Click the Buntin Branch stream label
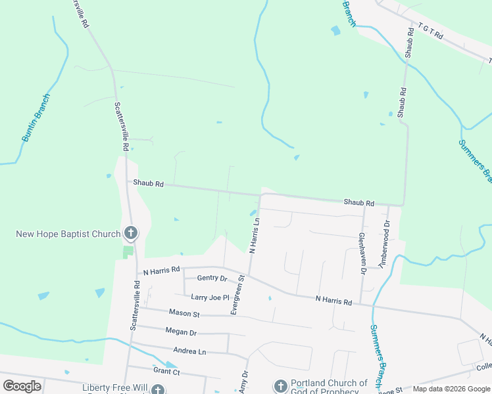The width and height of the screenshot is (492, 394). [x=36, y=118]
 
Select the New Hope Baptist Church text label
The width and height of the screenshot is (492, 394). [x=68, y=234]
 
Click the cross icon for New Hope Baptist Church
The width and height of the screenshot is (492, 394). [x=131, y=232]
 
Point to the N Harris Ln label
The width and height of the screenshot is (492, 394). [x=255, y=235]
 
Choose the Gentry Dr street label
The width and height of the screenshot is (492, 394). [x=211, y=278]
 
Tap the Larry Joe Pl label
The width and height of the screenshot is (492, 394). [x=209, y=297]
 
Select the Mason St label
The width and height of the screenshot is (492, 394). [x=184, y=313]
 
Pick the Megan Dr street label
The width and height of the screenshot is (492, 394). [x=181, y=332]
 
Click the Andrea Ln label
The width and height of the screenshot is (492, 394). [x=189, y=351]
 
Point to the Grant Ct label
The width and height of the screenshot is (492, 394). [x=166, y=372]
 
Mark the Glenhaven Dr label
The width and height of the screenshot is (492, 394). [x=362, y=253]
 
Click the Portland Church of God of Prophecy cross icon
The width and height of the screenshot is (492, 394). [x=280, y=385]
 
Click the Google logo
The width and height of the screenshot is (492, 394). [x=22, y=385]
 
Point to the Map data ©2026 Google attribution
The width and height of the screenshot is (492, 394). [x=451, y=389]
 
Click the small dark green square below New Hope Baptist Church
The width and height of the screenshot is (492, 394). [x=128, y=252]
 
